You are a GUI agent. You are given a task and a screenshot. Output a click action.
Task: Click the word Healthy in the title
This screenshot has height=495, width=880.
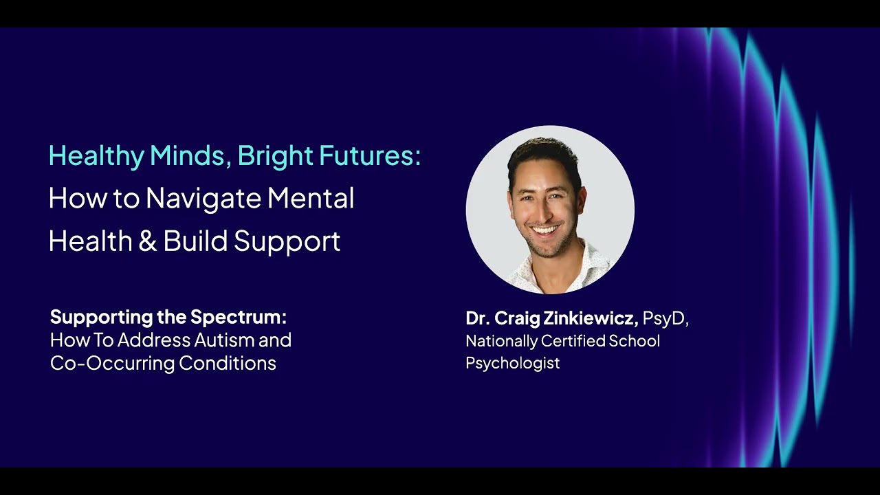click(x=97, y=156)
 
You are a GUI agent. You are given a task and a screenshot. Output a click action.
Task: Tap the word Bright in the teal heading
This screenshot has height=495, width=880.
click(x=276, y=156)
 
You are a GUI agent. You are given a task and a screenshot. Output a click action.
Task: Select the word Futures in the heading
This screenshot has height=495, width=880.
click(x=367, y=155)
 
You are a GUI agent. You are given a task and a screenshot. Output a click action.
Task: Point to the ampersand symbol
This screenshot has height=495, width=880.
click(x=148, y=241)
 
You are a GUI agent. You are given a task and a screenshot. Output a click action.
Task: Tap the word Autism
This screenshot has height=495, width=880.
click(x=223, y=340)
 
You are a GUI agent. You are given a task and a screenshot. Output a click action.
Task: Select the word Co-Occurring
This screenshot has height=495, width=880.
click(x=112, y=364)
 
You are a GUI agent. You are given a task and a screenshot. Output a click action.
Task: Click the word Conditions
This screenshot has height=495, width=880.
click(x=228, y=363)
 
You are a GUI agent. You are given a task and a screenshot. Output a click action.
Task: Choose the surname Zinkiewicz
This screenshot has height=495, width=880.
click(x=591, y=318)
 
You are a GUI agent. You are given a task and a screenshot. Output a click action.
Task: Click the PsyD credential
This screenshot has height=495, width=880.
click(x=664, y=319)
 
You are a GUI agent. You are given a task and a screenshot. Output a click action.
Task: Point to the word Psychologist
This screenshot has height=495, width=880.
click(x=512, y=363)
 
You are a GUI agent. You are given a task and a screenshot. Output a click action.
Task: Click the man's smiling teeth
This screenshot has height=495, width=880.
click(x=546, y=230)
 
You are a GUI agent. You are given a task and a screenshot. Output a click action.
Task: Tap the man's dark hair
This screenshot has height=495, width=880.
click(x=544, y=157)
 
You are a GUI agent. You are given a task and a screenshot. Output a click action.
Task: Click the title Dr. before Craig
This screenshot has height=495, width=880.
click(x=477, y=318)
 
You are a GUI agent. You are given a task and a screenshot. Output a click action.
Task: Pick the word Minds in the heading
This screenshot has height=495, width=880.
click(x=188, y=156)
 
